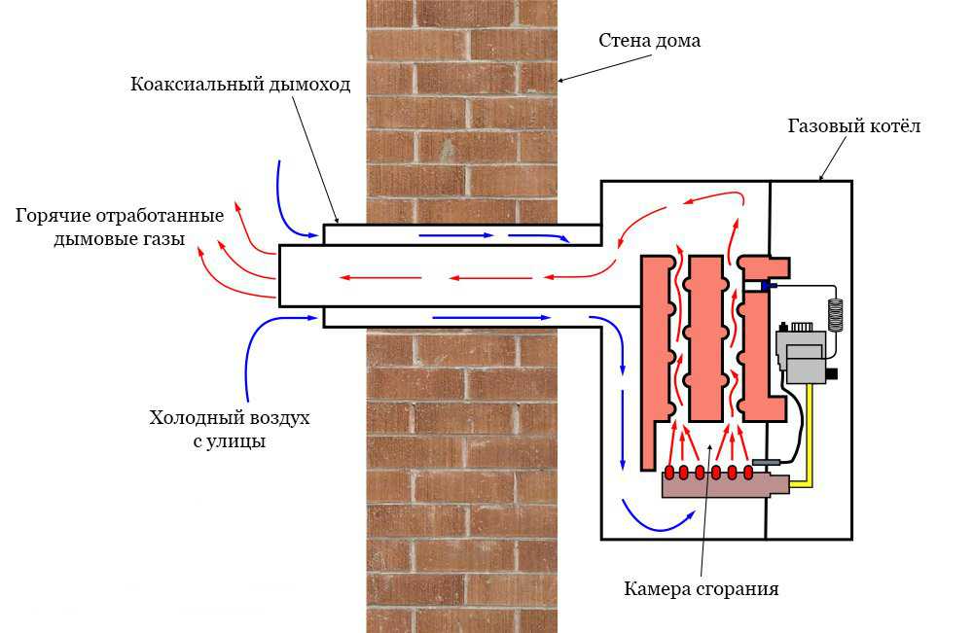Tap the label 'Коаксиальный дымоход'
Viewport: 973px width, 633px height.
(x=239, y=84)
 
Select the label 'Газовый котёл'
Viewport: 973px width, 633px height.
(x=853, y=126)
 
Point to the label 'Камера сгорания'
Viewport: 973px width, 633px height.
(x=701, y=588)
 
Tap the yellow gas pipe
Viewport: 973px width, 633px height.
(x=810, y=438)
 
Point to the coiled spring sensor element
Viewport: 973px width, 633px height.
(x=834, y=312)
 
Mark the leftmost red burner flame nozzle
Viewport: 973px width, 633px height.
(x=668, y=473)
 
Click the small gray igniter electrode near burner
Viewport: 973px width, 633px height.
(x=768, y=461)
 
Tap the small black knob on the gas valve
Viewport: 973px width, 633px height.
(x=831, y=372)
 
